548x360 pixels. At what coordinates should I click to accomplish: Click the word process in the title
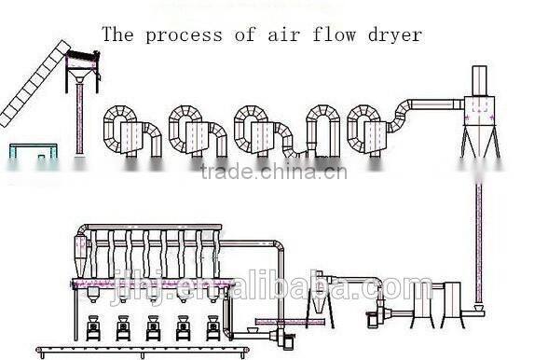click(184, 36)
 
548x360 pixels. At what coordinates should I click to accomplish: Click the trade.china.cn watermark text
click(273, 173)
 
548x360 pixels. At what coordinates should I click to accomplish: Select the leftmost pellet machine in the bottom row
click(94, 328)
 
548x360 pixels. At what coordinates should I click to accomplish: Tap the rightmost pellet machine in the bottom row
click(213, 328)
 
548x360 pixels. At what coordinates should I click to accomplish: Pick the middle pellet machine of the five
click(154, 328)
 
